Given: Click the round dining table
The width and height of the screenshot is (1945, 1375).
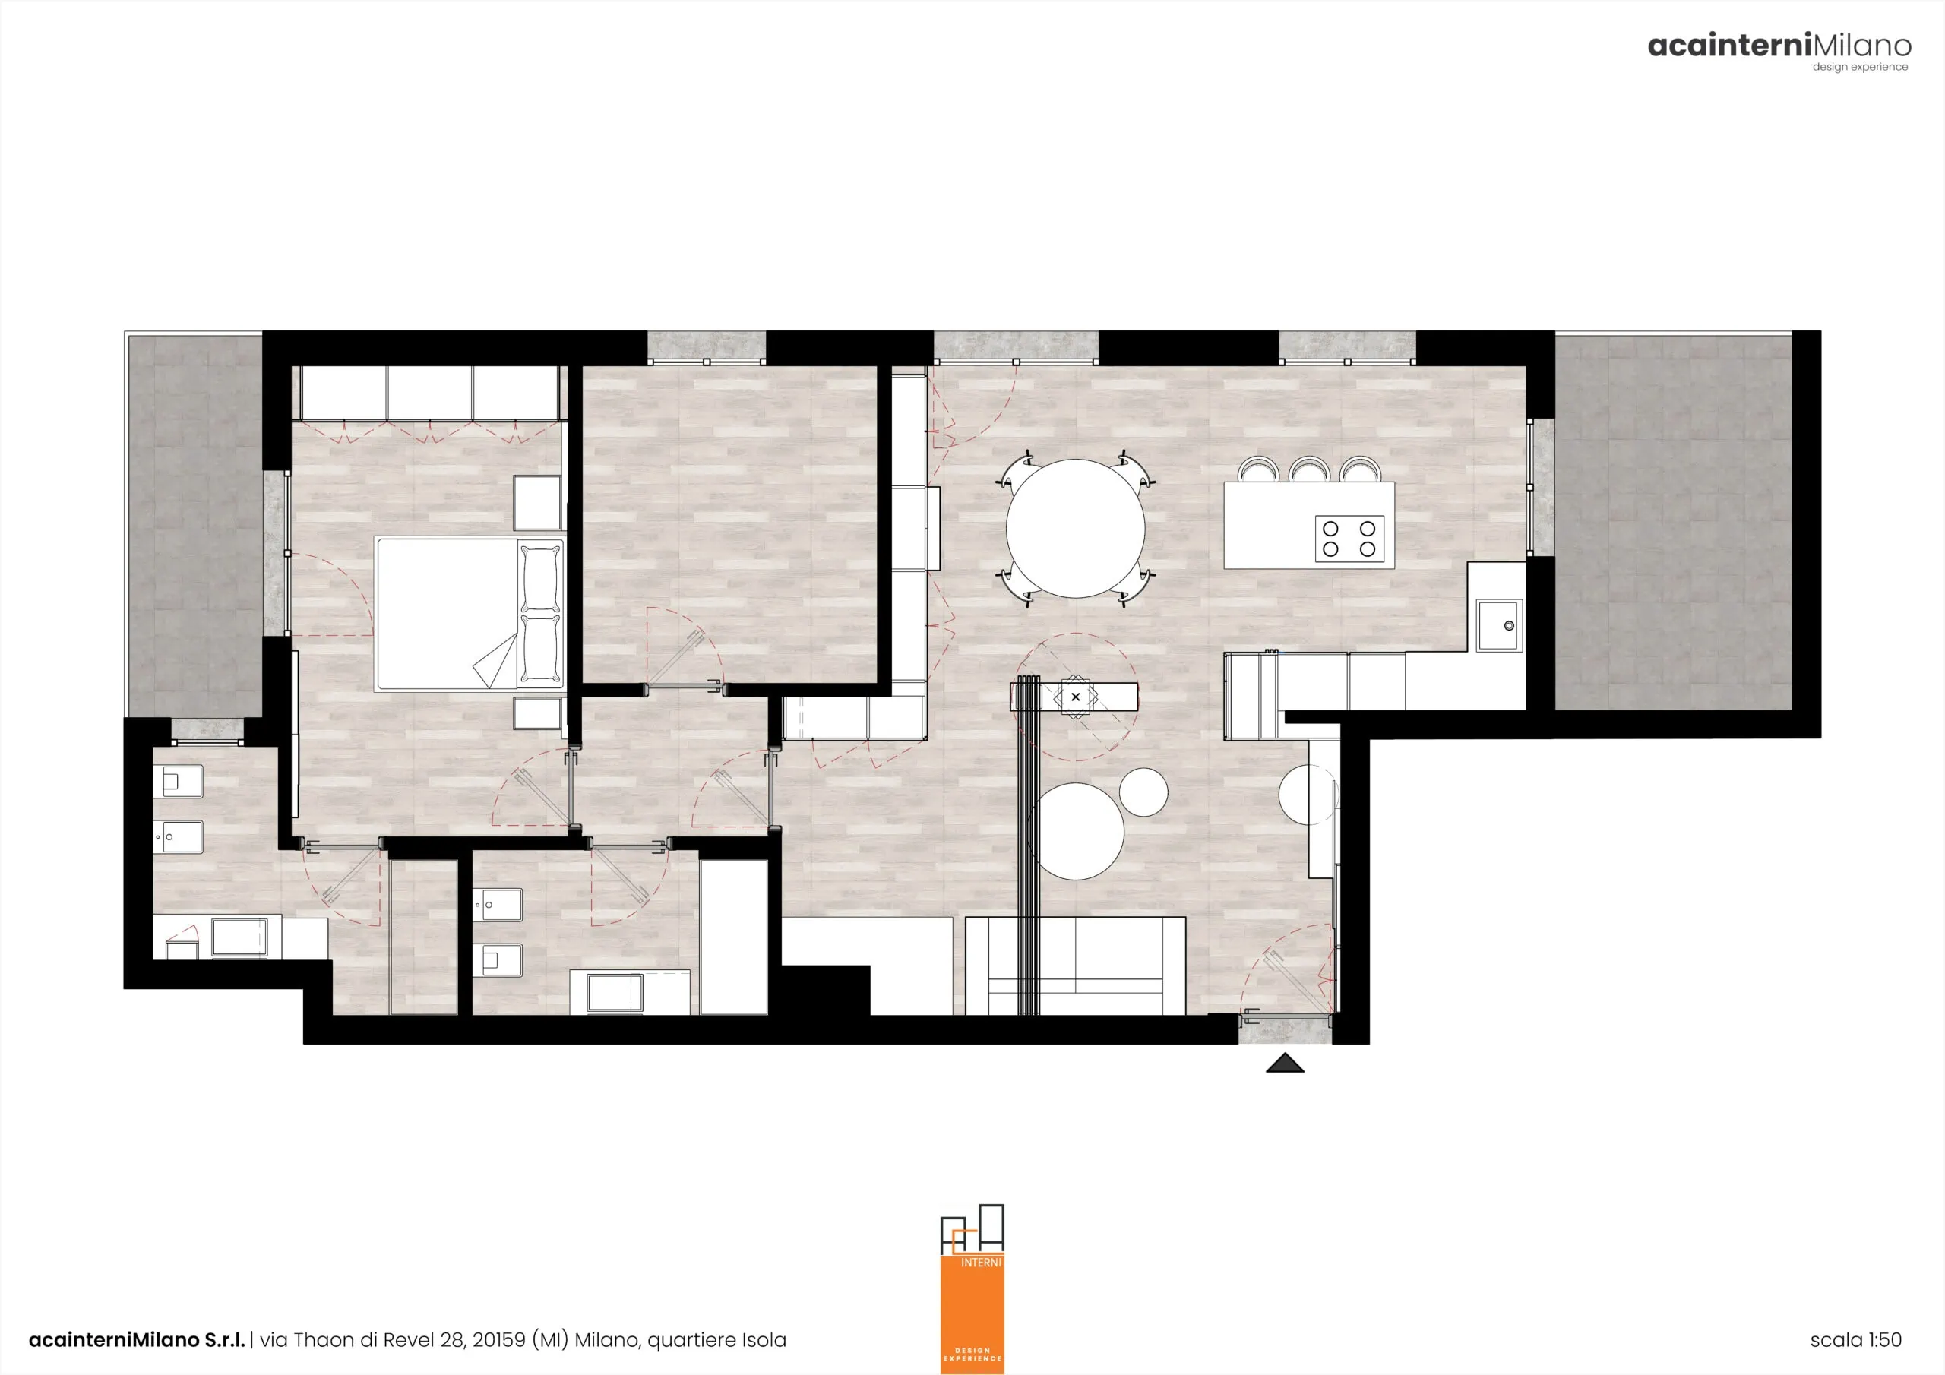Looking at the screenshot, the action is tap(1075, 529).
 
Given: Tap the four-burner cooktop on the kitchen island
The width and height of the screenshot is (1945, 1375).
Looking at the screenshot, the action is tap(1349, 539).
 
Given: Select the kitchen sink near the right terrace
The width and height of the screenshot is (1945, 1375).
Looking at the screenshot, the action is tap(1498, 625).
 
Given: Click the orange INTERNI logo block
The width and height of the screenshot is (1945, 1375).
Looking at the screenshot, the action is tap(972, 1314).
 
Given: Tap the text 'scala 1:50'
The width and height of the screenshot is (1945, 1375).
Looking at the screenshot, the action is tap(1855, 1339).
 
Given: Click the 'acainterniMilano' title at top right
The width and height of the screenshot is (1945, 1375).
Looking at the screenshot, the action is tap(1779, 46).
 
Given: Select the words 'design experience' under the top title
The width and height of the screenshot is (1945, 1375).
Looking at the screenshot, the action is tap(1861, 67).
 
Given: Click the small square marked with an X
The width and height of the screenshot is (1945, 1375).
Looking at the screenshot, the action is tap(1075, 697).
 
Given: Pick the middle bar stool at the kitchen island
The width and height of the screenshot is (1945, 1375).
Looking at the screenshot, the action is tap(1308, 469).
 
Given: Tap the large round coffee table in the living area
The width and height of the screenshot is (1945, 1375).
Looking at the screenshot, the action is tap(1076, 831).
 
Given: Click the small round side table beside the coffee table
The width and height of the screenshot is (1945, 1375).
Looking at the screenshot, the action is tap(1143, 792).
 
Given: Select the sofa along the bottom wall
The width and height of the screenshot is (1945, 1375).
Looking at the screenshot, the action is tap(1075, 965).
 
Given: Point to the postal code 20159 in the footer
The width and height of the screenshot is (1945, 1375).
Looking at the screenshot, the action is tap(498, 1339).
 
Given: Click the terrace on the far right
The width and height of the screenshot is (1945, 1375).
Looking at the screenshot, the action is tap(1673, 523).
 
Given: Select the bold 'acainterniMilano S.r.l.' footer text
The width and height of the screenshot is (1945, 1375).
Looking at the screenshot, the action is tap(138, 1339).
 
